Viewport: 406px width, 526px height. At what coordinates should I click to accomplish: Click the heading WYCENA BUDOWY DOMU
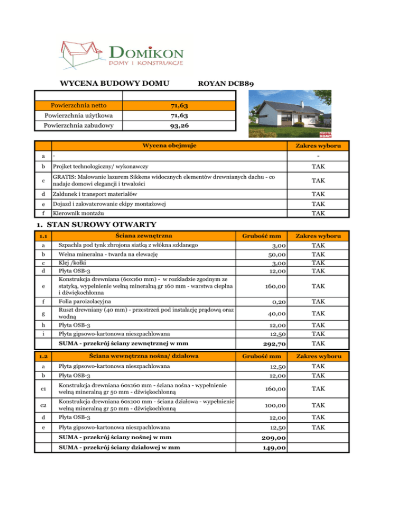click(115, 83)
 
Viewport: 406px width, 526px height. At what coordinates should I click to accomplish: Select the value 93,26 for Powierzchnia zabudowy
click(178, 125)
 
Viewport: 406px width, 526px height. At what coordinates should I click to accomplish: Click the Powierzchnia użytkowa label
click(78, 115)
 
